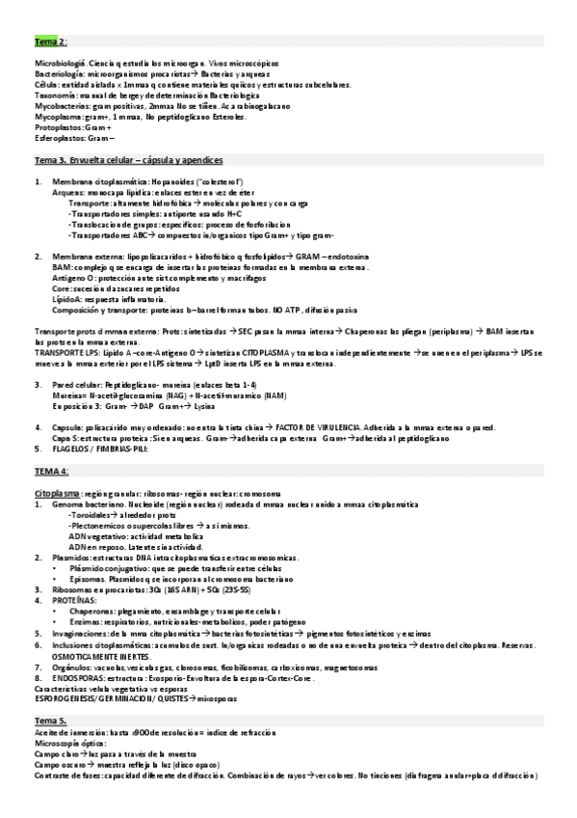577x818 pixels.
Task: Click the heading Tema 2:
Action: (50, 43)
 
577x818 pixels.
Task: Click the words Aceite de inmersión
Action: (69, 732)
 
